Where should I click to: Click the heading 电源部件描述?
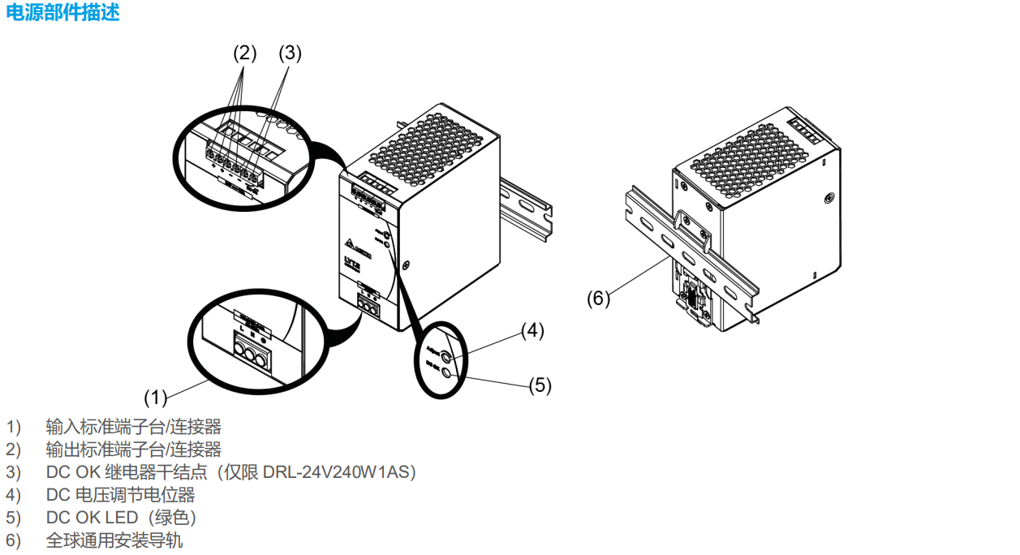62,13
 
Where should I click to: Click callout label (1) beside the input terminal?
155,397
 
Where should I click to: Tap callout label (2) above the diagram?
244,54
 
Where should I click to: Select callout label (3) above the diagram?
290,54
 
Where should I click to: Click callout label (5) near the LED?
540,385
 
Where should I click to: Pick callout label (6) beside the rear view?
598,298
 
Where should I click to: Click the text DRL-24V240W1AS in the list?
338,471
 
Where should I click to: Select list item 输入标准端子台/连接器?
133,426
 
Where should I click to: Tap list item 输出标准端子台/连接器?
133,449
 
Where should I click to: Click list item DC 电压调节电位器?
120,494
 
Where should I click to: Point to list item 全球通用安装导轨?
114,540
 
